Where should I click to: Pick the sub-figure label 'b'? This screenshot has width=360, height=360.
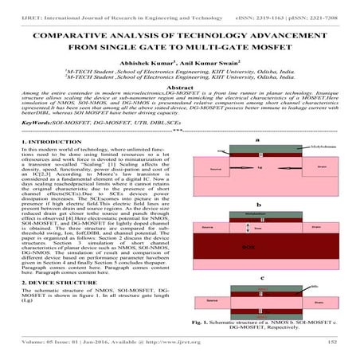pyautogui.click(x=257, y=204)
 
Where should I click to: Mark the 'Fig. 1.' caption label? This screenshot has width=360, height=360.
pyautogui.click(x=200, y=320)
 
